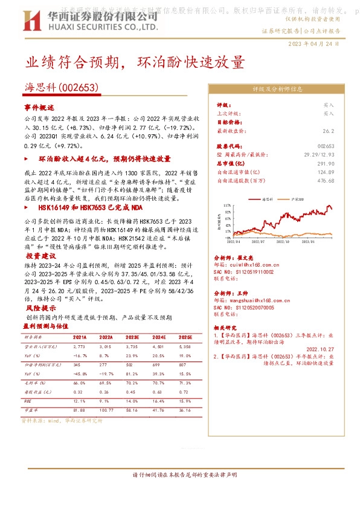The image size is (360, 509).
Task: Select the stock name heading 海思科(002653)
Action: tap(61, 88)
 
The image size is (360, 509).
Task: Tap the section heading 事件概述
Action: tap(39, 106)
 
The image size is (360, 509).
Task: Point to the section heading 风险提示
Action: tap(39, 308)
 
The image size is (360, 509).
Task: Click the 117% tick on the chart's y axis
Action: tap(227, 206)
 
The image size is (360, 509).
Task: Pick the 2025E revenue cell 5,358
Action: tap(185, 346)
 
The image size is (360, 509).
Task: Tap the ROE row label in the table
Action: tap(28, 401)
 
